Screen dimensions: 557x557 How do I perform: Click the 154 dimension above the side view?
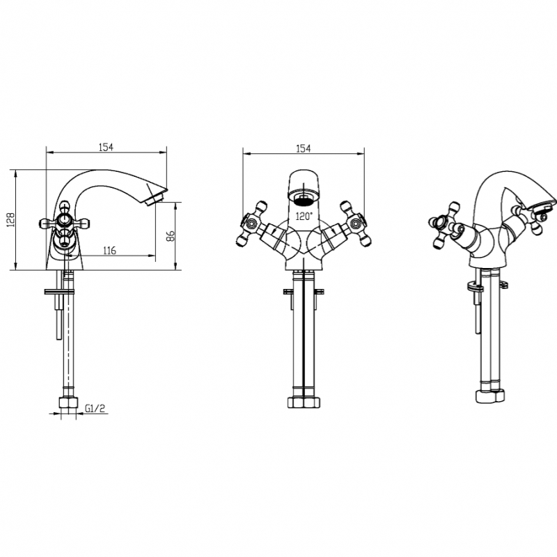[x=106, y=147]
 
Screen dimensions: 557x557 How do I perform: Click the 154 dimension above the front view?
[x=304, y=148]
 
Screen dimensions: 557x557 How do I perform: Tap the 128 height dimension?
[x=11, y=220]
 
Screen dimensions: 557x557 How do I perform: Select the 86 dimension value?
[x=171, y=236]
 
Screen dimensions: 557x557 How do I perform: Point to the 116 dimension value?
[x=109, y=251]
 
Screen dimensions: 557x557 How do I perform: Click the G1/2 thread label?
[x=95, y=409]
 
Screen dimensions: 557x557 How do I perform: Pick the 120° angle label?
[x=304, y=216]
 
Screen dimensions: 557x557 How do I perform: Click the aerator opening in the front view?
[x=304, y=198]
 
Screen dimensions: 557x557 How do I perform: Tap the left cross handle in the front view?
[x=251, y=223]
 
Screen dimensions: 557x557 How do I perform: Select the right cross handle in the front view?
[x=355, y=223]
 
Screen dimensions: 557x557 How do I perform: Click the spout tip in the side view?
[x=155, y=196]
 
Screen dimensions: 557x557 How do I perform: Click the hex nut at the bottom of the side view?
[x=69, y=402]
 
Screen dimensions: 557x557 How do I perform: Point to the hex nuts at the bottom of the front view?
[x=304, y=402]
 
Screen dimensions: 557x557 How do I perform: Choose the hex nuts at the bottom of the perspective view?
[x=490, y=396]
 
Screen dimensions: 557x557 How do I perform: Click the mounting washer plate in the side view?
[x=59, y=292]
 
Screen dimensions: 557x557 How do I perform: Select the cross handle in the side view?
[x=64, y=223]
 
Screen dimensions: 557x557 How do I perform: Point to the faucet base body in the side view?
[x=64, y=253]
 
